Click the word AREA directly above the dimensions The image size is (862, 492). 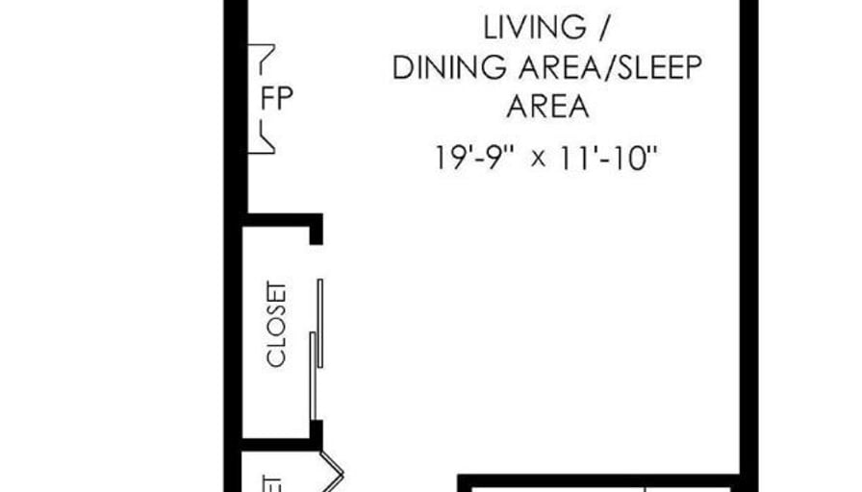(x=547, y=107)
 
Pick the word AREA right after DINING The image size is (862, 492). (x=555, y=68)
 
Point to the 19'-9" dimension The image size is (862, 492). (x=475, y=157)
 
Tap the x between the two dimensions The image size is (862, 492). (x=539, y=159)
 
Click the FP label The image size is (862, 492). (x=277, y=99)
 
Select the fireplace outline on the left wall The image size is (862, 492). (x=263, y=99)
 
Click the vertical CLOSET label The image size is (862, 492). (x=277, y=325)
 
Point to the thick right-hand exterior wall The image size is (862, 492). (x=748, y=240)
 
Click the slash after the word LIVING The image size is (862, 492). (x=602, y=28)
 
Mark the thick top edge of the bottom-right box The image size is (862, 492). (x=596, y=479)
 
